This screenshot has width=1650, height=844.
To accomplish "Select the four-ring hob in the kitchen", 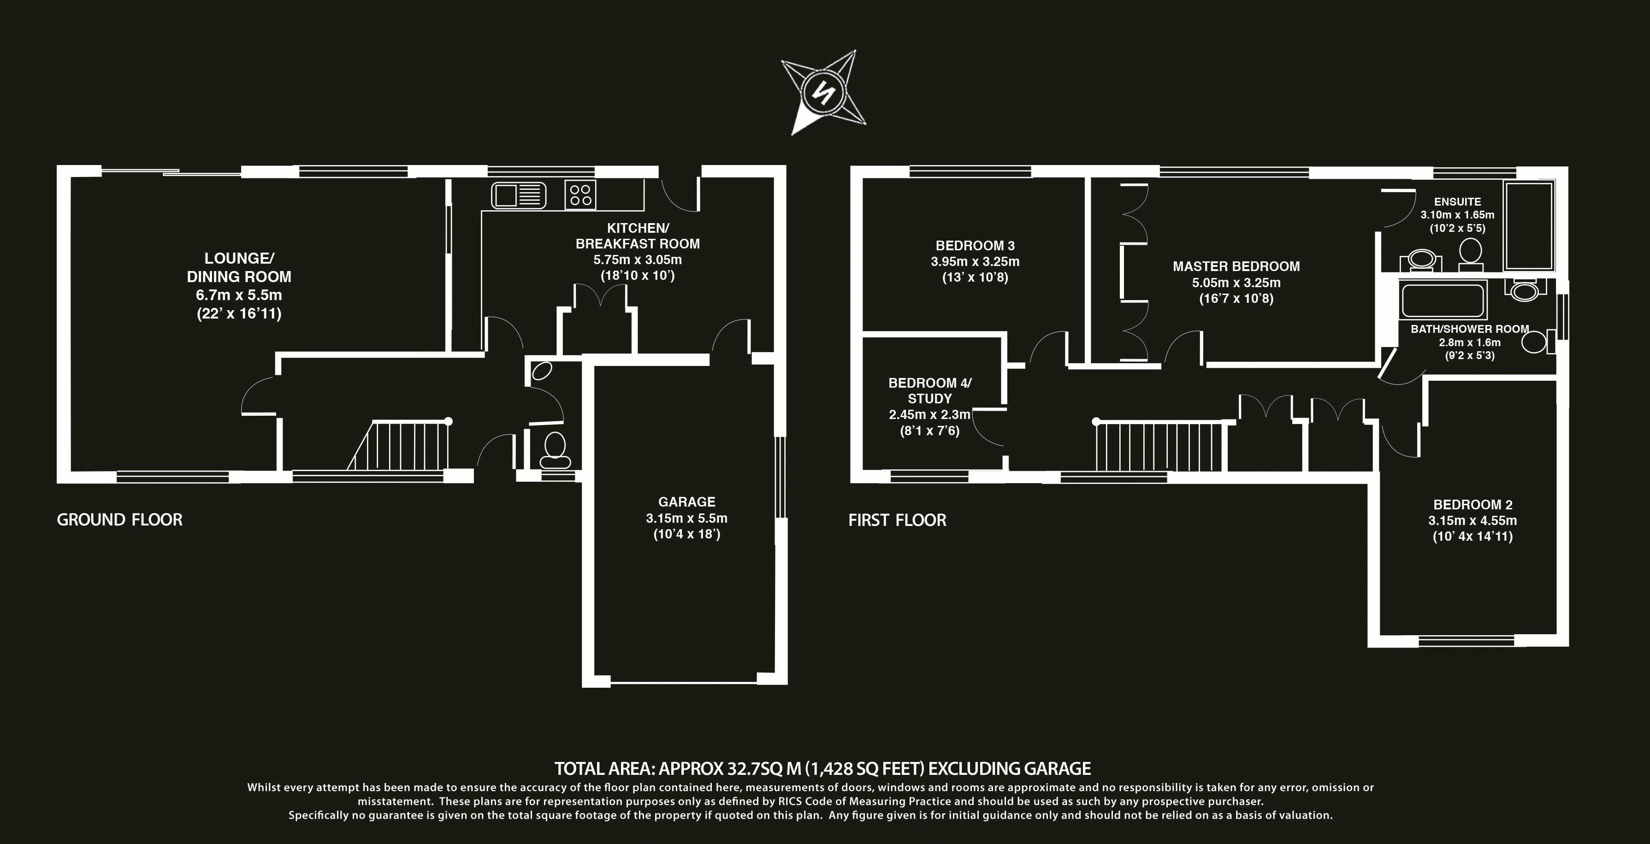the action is point(580,195).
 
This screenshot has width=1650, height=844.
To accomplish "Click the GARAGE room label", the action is point(686,502).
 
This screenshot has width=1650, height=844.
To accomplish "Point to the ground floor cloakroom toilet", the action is point(554,451).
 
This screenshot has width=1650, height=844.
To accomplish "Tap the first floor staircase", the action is point(1159,446).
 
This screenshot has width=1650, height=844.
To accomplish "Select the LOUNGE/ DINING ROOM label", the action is point(239,268).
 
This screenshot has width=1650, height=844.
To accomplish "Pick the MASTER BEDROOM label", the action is point(1236,266).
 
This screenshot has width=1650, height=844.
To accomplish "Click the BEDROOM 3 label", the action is point(975,245).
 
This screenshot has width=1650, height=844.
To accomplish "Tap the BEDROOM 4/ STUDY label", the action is point(929,390).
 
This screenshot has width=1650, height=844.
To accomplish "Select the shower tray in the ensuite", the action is point(1528,225).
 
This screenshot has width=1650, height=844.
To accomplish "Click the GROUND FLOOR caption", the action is point(120,519).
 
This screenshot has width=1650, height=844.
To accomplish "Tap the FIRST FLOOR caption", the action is point(897,520).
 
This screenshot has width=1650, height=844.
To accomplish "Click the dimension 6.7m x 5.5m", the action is point(239,295).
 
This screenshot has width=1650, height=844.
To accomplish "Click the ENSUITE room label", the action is point(1457,202).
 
